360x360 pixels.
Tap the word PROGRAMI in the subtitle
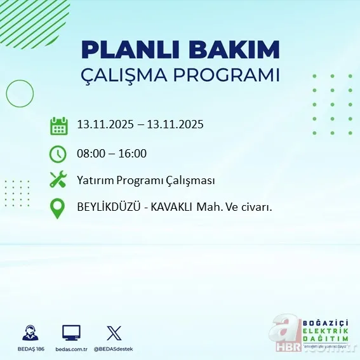click(228, 74)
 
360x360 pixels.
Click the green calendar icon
click(58, 125)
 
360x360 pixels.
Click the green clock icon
click(58, 153)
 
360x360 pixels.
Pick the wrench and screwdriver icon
click(58, 180)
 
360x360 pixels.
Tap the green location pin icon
click(58, 208)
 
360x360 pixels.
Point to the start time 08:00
click(90, 153)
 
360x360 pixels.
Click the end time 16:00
click(133, 153)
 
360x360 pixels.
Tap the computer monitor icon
click(71, 332)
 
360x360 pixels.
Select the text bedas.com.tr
click(71, 349)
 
